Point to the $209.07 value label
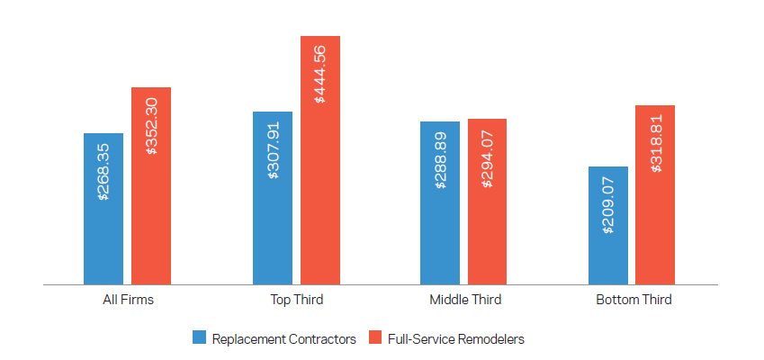pyautogui.click(x=608, y=205)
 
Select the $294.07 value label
pyautogui.click(x=488, y=157)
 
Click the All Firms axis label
pyautogui.click(x=128, y=300)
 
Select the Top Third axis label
pyautogui.click(x=296, y=300)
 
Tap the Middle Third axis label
pyautogui.click(x=464, y=300)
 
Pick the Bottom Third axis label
pyautogui.click(x=633, y=300)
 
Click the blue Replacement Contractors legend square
pyautogui.click(x=200, y=338)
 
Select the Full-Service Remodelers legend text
pyautogui.click(x=455, y=339)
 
